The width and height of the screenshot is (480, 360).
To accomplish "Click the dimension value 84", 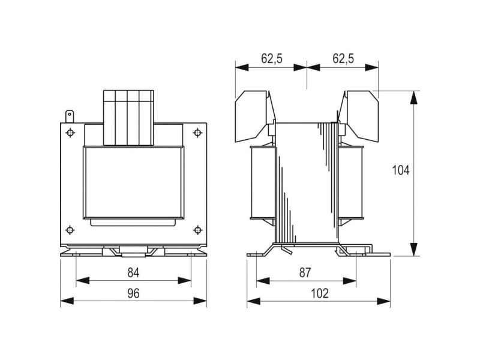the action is pyautogui.click(x=133, y=272).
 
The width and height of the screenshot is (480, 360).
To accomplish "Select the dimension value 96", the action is pyautogui.click(x=133, y=293).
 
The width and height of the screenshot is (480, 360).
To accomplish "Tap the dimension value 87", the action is pyautogui.click(x=305, y=272).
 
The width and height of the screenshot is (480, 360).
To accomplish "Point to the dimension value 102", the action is pyautogui.click(x=320, y=293).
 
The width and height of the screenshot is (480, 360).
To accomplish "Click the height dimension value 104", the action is pyautogui.click(x=401, y=170).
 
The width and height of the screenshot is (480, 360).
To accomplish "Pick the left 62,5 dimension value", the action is pyautogui.click(x=272, y=58).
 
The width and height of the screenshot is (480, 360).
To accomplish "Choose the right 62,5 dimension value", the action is pyautogui.click(x=343, y=58).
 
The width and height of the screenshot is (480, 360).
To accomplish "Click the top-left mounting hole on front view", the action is pyautogui.click(x=70, y=133).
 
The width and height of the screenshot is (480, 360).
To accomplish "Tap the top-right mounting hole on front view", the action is pyautogui.click(x=198, y=133).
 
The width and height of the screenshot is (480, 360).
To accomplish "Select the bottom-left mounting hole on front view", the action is pyautogui.click(x=70, y=230).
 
